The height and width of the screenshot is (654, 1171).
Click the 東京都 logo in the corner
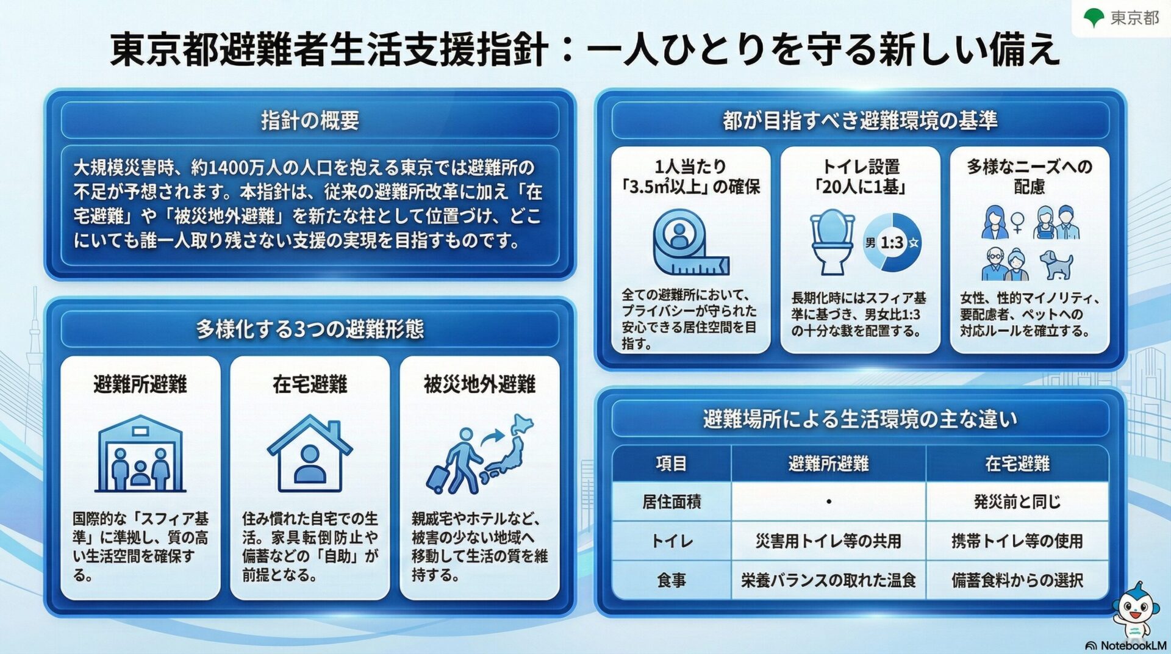click(1121, 17)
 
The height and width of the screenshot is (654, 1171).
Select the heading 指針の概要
click(310, 120)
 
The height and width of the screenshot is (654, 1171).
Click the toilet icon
click(832, 242)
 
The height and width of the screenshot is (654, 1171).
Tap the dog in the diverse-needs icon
click(1056, 264)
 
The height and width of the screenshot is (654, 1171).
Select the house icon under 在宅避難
click(310, 453)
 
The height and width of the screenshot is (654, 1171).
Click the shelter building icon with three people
click(140, 453)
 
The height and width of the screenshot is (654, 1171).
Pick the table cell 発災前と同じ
click(1017, 501)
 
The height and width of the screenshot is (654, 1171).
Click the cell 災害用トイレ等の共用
click(828, 541)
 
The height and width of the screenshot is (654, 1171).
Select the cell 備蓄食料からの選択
click(1017, 580)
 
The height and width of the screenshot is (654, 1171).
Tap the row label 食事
click(671, 580)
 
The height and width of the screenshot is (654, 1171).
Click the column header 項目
click(671, 464)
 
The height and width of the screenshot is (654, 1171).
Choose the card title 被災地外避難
click(480, 384)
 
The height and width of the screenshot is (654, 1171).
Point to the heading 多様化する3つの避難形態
click(310, 329)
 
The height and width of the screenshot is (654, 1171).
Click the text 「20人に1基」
click(861, 187)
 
